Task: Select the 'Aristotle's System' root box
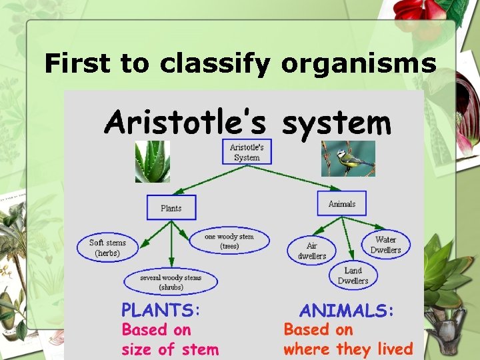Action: click(247, 152)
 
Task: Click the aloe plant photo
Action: click(153, 161)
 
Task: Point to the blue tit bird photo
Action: click(347, 159)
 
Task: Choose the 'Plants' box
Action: click(171, 208)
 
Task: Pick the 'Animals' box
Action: click(342, 204)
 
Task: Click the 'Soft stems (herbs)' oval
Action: click(107, 248)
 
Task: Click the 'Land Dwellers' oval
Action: click(353, 275)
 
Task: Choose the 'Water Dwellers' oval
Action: click(385, 245)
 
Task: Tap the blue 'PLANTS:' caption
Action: click(161, 310)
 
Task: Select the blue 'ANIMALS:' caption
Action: click(347, 311)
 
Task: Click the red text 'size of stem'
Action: click(169, 349)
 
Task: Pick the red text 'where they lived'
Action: click(348, 349)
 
